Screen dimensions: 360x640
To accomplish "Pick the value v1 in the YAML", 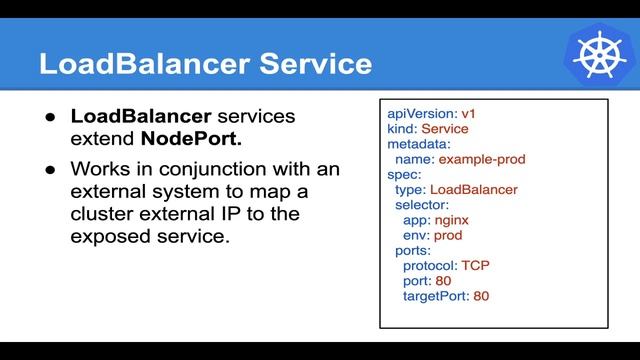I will tap(470, 115).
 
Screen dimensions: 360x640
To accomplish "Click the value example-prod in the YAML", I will tap(482, 159).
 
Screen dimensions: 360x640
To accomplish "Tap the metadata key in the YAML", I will tap(421, 144).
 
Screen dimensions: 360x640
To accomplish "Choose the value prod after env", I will tap(451, 234).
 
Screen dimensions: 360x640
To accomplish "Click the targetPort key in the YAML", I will tap(435, 295).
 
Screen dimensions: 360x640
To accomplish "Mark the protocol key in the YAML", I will tap(430, 265).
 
